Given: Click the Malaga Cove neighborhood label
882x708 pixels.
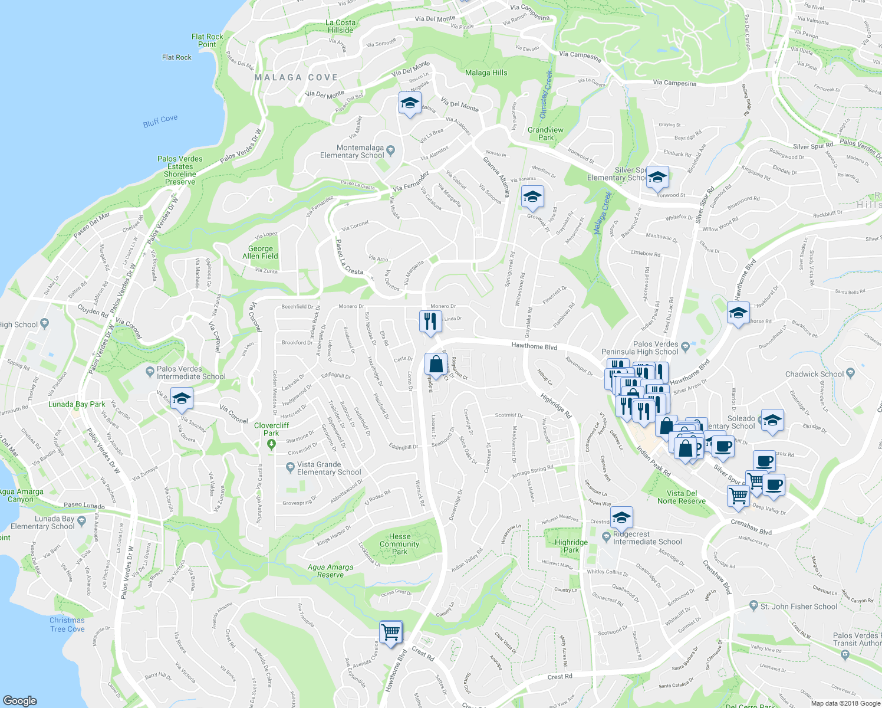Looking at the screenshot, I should click(296, 77).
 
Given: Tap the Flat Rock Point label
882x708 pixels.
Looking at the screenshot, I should click(207, 41).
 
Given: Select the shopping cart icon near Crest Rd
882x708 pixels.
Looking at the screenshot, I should click(391, 633).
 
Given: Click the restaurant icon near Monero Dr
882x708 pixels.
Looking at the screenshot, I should click(430, 322).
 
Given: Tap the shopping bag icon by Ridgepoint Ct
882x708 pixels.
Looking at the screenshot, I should click(436, 365).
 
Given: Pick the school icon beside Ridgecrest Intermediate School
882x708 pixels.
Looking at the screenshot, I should click(621, 518).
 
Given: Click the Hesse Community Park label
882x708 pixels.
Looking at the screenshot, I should click(399, 544).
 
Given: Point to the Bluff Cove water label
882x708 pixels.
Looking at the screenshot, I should click(160, 121).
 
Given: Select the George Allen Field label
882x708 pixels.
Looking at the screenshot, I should click(260, 253).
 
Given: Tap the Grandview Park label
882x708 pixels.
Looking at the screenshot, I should click(545, 133).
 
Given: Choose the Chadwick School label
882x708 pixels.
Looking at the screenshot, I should click(814, 374).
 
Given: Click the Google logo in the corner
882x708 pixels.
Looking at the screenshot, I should click(20, 700).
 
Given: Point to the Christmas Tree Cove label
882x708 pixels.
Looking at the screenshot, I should click(67, 624).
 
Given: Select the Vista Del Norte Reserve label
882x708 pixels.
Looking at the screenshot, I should click(682, 497).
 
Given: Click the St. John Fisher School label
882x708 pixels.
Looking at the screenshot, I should click(798, 607).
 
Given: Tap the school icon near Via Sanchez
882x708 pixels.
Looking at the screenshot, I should click(182, 398).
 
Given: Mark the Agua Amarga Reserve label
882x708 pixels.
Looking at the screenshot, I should click(330, 571).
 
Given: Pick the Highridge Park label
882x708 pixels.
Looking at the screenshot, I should click(571, 546).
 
